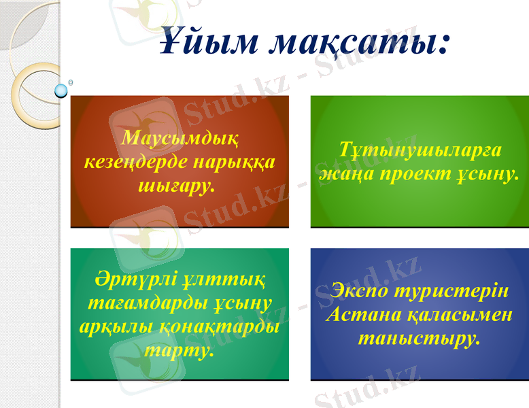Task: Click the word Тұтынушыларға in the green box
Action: tap(420, 151)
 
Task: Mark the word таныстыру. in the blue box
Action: tap(420, 337)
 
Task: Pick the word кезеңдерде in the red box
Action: tap(136, 163)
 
